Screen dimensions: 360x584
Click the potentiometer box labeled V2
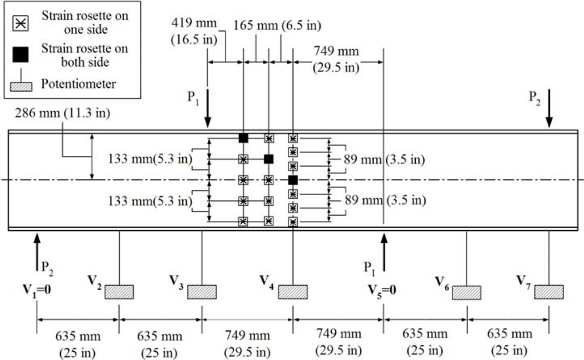[119, 291]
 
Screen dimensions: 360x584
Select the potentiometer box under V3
[202, 291]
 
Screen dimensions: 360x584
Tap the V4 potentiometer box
[293, 291]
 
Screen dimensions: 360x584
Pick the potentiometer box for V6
[466, 291]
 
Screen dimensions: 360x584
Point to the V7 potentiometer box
[549, 291]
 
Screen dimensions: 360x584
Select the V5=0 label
[384, 288]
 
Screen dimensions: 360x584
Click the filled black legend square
[20, 54]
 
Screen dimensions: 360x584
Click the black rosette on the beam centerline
[293, 179]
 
